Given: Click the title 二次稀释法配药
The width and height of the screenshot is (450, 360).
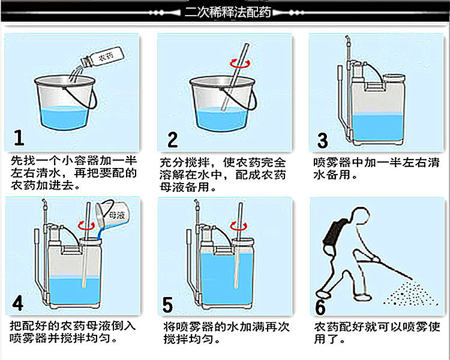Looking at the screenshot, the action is (228, 12).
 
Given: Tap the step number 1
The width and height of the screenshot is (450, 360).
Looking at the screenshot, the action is (19, 137).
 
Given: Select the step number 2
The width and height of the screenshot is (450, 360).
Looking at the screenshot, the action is (173, 140).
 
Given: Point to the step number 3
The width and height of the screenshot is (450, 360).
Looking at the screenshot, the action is (322, 140).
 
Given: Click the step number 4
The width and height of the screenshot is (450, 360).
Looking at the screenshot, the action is (18, 303).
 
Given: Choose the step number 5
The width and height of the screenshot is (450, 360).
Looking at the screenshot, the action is (167, 305).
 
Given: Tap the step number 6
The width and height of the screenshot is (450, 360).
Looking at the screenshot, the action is (320, 307).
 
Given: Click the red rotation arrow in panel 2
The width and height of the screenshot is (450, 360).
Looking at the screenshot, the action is (240, 64).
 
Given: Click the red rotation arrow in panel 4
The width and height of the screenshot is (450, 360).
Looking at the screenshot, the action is (86, 226).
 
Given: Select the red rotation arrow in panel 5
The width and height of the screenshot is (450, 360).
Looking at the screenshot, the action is (239, 226).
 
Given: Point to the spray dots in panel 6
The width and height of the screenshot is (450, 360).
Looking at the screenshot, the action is (410, 292).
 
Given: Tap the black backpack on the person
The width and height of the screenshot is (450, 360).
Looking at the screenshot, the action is (334, 235).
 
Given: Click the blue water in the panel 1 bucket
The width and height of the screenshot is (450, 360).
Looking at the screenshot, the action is (64, 118).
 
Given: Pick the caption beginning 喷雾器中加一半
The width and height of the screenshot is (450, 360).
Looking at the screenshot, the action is (376, 169).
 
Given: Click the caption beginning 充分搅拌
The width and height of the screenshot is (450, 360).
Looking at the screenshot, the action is (223, 175).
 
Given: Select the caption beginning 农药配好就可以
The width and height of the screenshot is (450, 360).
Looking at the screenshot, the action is (377, 333).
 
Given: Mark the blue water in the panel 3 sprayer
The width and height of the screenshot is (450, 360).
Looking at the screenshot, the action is (378, 127).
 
